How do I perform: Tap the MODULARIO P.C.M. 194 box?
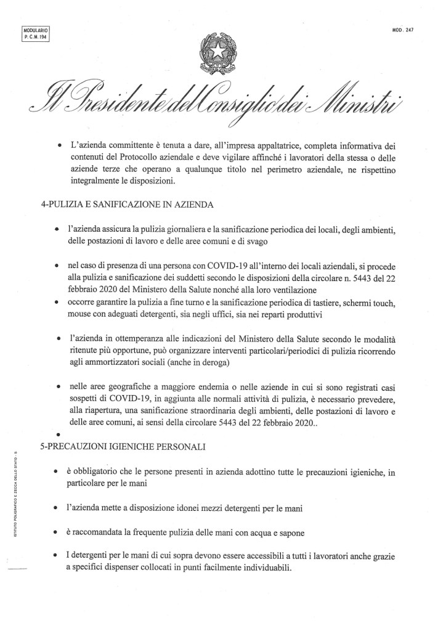(34, 32)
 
